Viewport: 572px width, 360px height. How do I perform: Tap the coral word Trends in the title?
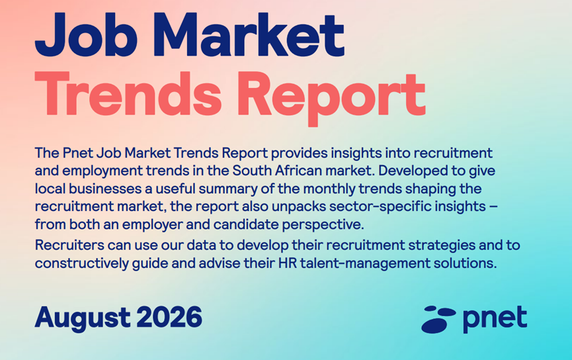click(128, 94)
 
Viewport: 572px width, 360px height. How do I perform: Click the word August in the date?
click(83, 318)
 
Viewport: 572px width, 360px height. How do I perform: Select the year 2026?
click(169, 317)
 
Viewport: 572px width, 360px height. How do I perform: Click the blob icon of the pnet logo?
click(438, 320)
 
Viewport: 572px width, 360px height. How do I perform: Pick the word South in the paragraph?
click(249, 171)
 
